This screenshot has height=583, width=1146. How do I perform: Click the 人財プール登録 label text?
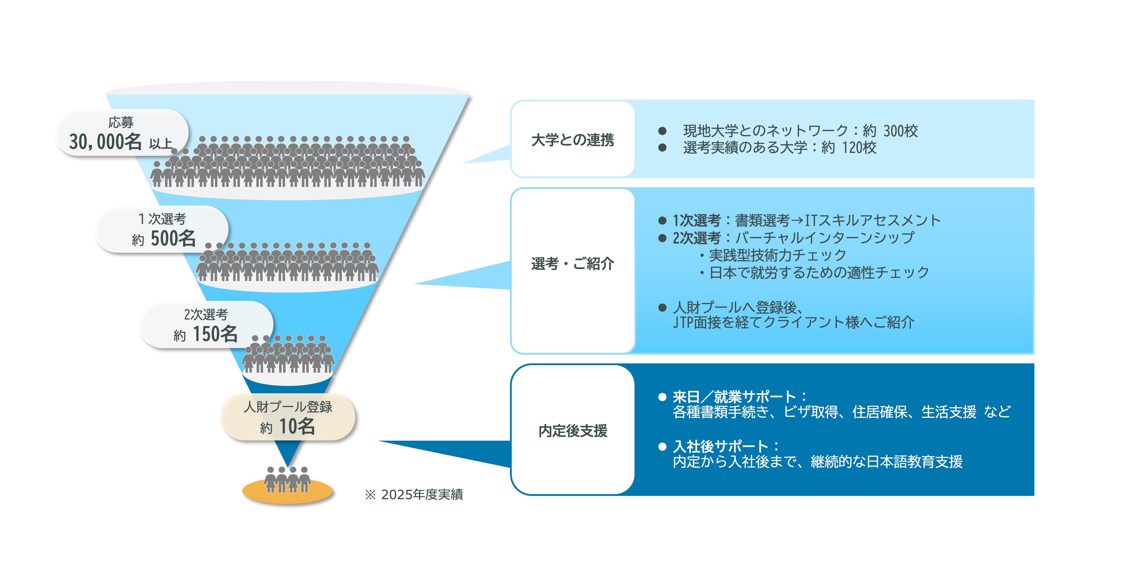[x=288, y=407]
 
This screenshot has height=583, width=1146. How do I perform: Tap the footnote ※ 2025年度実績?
[x=414, y=494]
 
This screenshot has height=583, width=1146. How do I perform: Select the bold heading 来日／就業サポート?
[x=734, y=396]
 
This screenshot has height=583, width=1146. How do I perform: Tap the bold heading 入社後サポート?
[x=721, y=446]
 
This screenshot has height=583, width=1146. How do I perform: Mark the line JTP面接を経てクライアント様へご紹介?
[x=793, y=322]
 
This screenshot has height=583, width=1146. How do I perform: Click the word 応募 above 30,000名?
[x=121, y=122]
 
